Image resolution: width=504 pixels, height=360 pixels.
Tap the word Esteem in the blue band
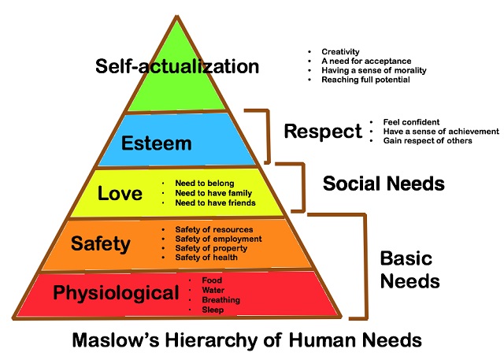point(157,144)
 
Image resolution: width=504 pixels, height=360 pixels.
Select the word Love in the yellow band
point(120,192)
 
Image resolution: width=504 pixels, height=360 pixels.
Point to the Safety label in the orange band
point(100,243)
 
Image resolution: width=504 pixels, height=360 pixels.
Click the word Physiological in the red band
point(117,294)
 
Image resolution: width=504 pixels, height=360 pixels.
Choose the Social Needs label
point(384,184)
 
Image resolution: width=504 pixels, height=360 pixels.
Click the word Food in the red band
point(213,280)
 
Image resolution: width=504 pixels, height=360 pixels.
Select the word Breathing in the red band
point(221,300)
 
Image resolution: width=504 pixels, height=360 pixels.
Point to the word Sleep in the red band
point(213,310)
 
